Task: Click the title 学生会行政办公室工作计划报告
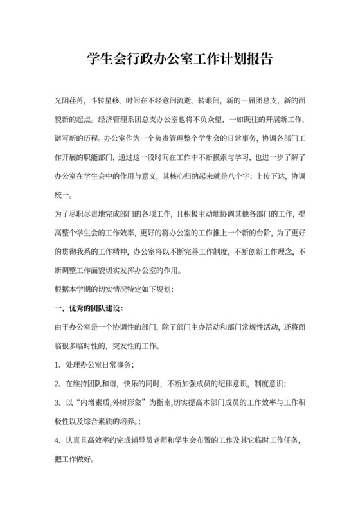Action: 179,60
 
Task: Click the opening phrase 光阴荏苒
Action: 69,102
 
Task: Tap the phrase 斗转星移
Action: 105,102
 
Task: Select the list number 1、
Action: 59,364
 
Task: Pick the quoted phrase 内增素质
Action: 93,402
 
